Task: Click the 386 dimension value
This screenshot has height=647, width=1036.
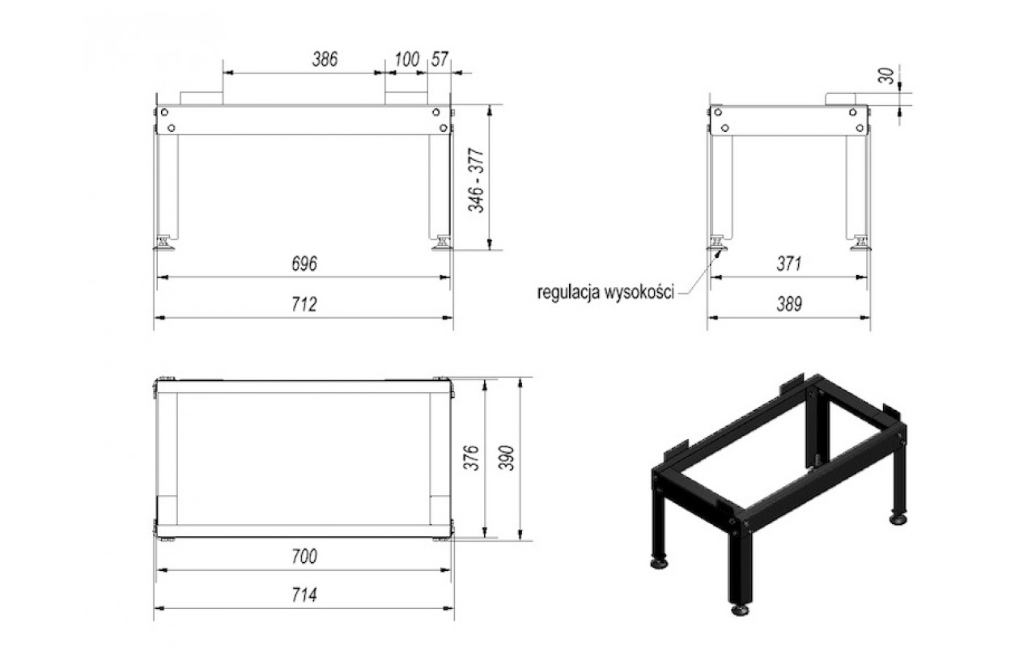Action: [x=325, y=59]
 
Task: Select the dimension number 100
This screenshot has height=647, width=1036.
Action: [x=406, y=60]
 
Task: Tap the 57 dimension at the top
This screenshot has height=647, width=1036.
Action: [x=439, y=59]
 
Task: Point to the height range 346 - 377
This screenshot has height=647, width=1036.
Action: [x=476, y=180]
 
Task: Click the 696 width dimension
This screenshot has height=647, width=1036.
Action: [x=304, y=264]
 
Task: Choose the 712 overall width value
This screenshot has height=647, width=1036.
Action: [x=304, y=304]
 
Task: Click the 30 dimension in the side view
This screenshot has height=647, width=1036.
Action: [x=886, y=76]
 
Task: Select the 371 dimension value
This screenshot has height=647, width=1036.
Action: [x=788, y=264]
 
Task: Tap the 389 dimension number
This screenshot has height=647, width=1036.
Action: [x=789, y=304]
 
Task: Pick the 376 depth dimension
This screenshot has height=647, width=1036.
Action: [x=471, y=458]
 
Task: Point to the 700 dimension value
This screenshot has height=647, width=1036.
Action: [x=304, y=556]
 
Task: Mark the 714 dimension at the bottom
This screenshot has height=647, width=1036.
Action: [x=304, y=594]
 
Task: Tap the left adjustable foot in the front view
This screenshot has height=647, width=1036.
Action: [x=163, y=243]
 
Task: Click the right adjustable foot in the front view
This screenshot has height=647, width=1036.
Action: [x=443, y=243]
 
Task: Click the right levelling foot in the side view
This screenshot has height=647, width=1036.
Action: [x=861, y=243]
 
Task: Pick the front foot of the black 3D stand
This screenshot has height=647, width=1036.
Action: [x=740, y=610]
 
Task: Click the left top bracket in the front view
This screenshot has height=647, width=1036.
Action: [x=202, y=99]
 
